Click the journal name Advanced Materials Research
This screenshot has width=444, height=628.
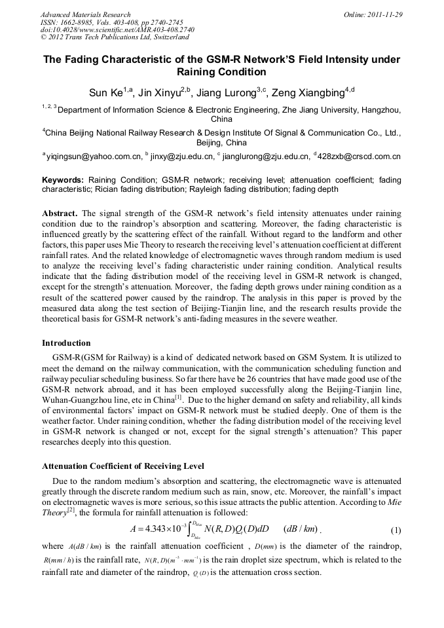click(85, 14)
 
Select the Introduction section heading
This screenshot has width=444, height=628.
click(66, 342)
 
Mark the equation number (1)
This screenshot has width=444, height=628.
click(395, 529)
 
